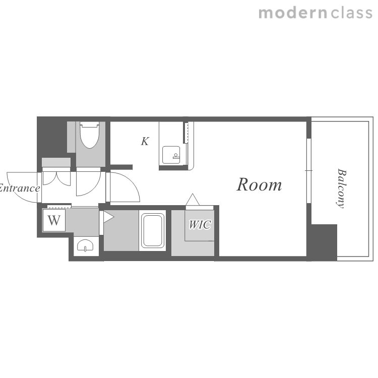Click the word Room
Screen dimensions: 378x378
click(x=259, y=184)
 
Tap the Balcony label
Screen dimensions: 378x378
click(x=342, y=188)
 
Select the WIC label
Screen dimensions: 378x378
click(x=200, y=224)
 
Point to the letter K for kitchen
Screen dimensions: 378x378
click(x=145, y=141)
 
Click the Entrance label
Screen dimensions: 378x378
click(x=19, y=188)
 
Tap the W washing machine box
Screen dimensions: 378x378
click(x=54, y=220)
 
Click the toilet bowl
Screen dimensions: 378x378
click(x=90, y=135)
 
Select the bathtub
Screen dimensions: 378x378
click(x=152, y=230)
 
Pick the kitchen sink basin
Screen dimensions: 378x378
click(x=171, y=155)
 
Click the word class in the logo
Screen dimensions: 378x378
click(x=351, y=13)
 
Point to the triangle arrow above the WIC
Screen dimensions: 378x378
click(x=193, y=200)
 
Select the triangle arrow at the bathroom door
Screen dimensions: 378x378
click(x=108, y=217)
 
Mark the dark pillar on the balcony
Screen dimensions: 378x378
click(x=324, y=242)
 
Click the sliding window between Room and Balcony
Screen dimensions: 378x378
click(x=309, y=171)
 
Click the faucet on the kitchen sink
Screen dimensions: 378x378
click(x=176, y=156)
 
